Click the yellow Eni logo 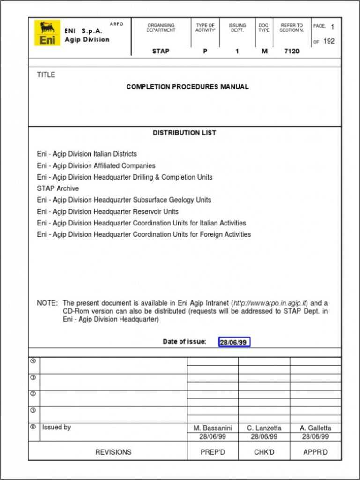point(47,33)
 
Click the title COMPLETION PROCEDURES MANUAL point(187,87)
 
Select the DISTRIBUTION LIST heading point(184,133)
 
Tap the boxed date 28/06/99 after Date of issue point(234,342)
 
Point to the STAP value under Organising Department point(160,51)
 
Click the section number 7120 point(292,51)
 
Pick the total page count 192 point(329,41)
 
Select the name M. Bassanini point(212,428)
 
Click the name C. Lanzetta point(264,428)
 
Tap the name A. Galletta point(315,428)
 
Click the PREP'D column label point(212,452)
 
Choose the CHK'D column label point(264,452)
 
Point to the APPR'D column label point(315,452)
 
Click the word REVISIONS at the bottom point(113,452)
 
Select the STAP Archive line point(58,188)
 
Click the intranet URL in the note point(270,303)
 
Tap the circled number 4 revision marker point(33,361)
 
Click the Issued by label point(56,427)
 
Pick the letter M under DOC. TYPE point(264,51)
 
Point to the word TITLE point(46,75)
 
